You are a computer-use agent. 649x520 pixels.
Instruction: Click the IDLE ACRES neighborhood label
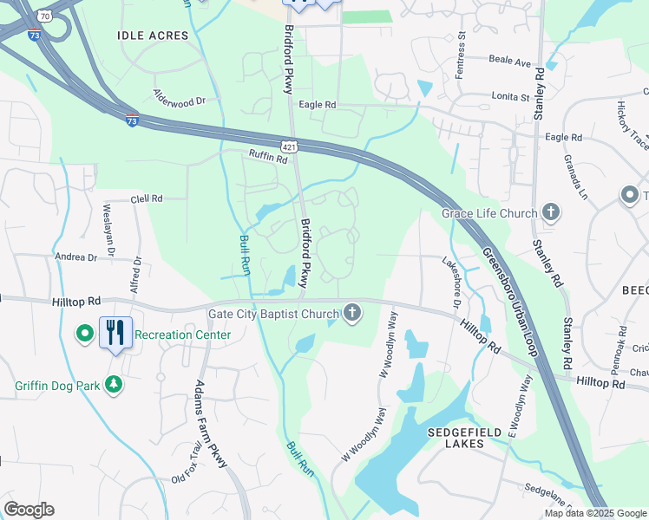pyautogui.click(x=153, y=36)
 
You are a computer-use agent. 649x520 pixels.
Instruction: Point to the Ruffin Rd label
pyautogui.click(x=267, y=157)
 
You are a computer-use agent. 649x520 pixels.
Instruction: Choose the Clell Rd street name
pyautogui.click(x=147, y=198)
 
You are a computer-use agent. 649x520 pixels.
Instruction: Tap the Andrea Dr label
pyautogui.click(x=75, y=257)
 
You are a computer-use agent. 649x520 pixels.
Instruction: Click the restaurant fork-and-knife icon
pyautogui.click(x=115, y=332)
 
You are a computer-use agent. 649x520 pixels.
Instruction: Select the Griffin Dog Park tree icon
pyautogui.click(x=114, y=383)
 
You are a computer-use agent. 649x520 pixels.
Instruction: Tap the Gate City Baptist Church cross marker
pyautogui.click(x=351, y=313)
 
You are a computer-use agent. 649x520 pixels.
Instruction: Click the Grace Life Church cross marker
pyautogui.click(x=550, y=211)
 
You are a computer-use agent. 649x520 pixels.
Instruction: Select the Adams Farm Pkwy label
pyautogui.click(x=211, y=424)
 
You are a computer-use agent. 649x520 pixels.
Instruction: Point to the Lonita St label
pyautogui.click(x=510, y=97)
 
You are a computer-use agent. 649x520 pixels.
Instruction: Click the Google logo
pyautogui.click(x=29, y=510)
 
